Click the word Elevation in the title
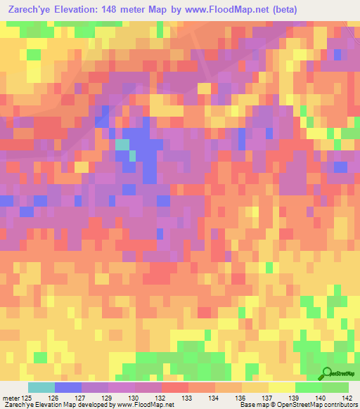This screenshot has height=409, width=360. point(82,9)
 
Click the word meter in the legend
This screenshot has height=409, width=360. point(10,398)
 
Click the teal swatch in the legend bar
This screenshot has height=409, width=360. point(41,387)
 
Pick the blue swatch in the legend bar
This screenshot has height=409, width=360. point(68,387)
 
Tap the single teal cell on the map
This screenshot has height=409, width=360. point(122,145)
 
